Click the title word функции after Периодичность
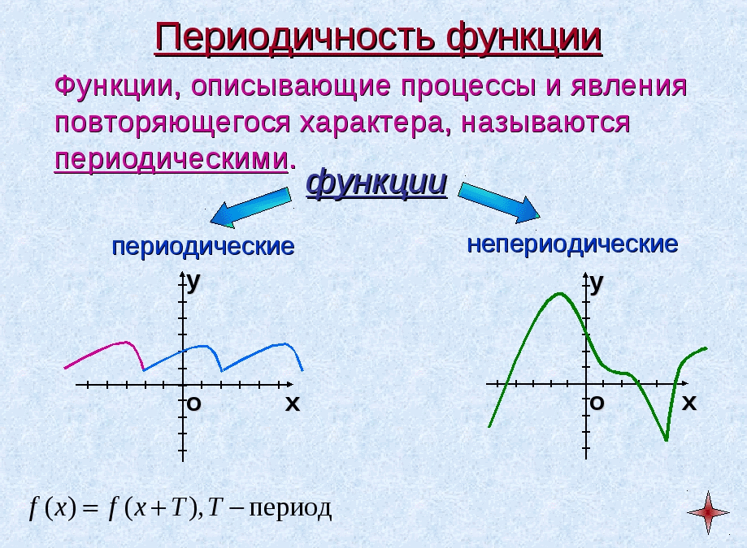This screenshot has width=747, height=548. pos(524,38)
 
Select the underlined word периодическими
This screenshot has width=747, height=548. pos(172,160)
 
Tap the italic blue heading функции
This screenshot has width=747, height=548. pos(376,182)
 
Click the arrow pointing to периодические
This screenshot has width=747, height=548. pos(250,207)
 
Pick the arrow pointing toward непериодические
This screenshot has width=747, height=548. pos(498,203)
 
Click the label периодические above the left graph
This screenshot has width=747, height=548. pos(203,247)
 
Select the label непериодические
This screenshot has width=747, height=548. pos(572,244)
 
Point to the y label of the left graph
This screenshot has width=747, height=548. pos(193,283)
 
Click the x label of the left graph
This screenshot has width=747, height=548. pos(293,403)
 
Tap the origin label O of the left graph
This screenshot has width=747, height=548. pos(194,403)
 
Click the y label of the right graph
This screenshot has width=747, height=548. pos(597,283)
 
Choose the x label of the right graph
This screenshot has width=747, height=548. pos(688,403)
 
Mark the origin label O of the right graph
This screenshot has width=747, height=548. pos(597,403)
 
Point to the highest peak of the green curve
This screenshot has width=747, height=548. pos(560,294)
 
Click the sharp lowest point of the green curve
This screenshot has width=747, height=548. pos(666,439)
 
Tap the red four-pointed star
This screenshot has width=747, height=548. pos(708,512)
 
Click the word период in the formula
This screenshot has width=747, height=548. pos(290,508)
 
